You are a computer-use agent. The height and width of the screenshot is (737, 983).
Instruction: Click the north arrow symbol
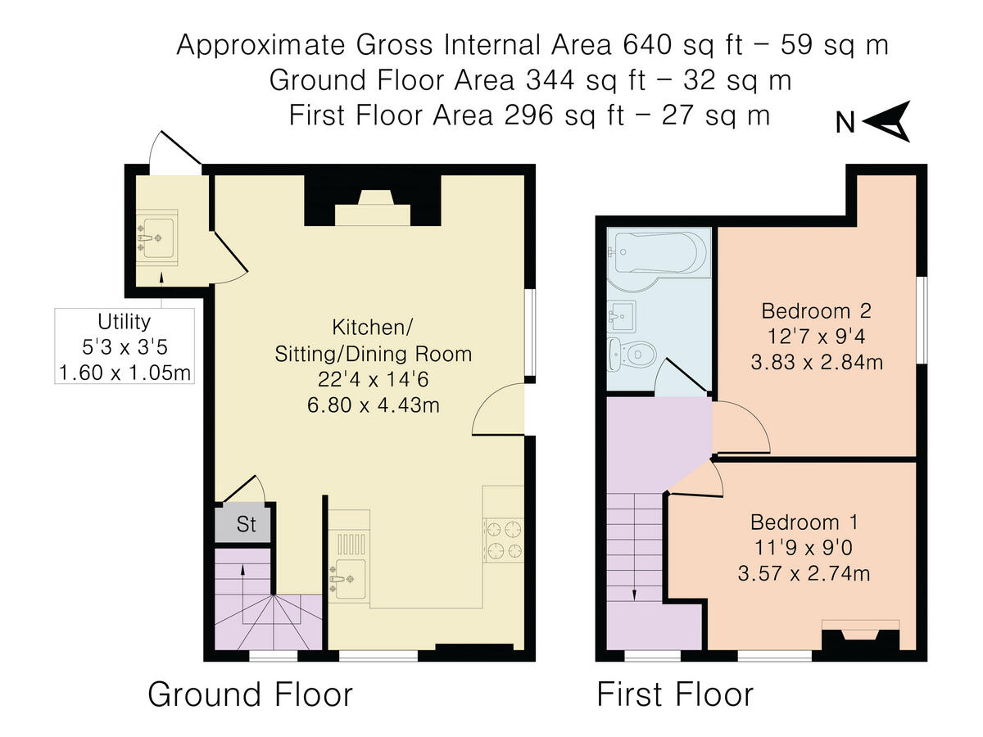[x=887, y=121]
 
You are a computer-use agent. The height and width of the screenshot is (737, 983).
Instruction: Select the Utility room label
[x=124, y=322]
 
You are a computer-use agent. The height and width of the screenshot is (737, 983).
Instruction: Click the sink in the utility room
[x=156, y=238]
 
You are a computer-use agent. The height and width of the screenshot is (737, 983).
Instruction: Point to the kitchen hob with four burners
[x=504, y=540]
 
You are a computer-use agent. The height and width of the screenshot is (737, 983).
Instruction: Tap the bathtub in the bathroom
[x=659, y=252]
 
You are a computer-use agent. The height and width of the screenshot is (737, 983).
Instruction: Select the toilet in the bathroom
[x=632, y=355]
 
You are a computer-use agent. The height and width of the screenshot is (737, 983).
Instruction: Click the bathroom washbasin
[x=622, y=316]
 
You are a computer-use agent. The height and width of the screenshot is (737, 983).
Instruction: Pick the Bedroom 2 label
[x=817, y=311]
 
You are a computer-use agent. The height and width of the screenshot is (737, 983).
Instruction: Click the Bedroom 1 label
[x=804, y=522]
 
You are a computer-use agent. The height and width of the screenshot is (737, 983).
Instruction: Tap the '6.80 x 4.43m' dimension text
[x=373, y=405]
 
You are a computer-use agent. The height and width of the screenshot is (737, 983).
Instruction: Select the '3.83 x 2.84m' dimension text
[x=817, y=362]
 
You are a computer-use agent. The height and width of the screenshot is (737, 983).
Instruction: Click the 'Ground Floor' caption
[x=251, y=694]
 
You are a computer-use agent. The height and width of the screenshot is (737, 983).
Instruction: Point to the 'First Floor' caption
[x=675, y=694]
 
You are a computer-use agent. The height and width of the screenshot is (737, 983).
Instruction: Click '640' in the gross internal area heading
[x=647, y=45]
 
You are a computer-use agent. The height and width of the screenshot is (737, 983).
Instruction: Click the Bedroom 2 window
[x=922, y=320]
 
